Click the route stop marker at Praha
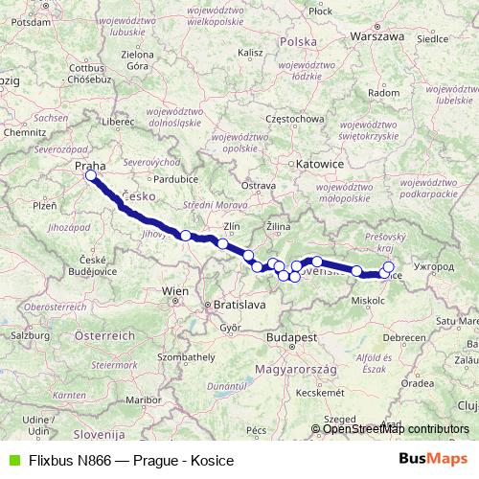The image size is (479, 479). click(x=91, y=175)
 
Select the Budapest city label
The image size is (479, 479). click(x=292, y=338)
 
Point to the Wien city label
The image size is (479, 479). click(x=176, y=289)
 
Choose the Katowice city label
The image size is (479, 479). click(x=320, y=164)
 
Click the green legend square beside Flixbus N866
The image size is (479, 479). click(x=11, y=460)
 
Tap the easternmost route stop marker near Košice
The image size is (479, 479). click(x=388, y=267)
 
